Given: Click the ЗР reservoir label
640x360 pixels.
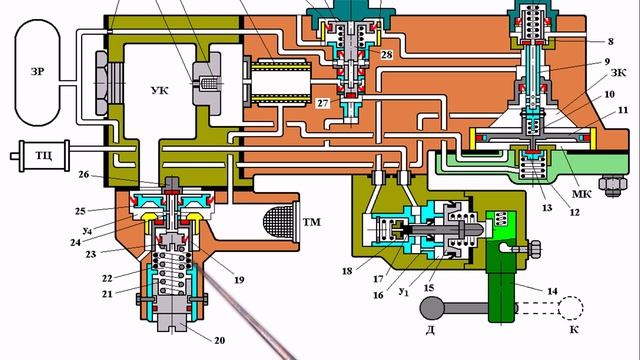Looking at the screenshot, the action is click(x=37, y=71).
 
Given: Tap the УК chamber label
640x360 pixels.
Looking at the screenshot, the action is click(x=160, y=90).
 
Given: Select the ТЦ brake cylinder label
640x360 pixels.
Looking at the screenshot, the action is click(x=44, y=156).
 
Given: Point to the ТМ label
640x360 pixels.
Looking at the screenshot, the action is click(x=311, y=222).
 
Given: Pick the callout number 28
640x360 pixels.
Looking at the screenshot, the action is click(x=387, y=54).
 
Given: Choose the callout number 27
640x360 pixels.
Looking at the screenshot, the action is click(x=322, y=103).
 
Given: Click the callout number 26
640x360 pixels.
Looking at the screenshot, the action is click(x=84, y=174).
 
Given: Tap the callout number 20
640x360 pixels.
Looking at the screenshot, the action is click(x=220, y=340).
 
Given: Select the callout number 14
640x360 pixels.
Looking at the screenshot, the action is click(x=552, y=291).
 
